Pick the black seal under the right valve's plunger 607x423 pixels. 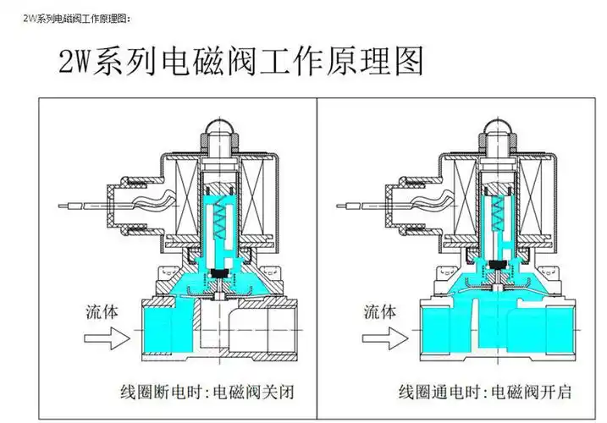click(499, 270)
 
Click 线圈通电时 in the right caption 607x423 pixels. click(436, 392)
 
